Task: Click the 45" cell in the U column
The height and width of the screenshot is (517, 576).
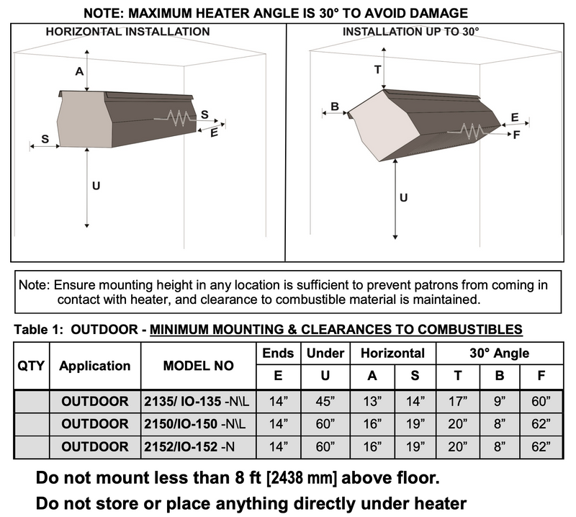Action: [325, 401]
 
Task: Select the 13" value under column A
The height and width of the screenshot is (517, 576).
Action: [371, 401]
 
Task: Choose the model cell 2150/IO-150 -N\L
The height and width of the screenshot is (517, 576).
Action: [199, 424]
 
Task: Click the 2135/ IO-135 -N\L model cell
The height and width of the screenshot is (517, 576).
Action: [199, 401]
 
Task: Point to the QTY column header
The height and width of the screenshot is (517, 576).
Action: [32, 366]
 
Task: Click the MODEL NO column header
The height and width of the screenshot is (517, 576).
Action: [199, 366]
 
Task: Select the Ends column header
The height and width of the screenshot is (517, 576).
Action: [277, 353]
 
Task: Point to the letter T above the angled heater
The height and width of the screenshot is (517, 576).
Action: [378, 69]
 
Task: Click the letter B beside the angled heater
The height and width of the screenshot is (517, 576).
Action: [335, 107]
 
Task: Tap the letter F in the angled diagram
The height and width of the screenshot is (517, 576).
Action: [516, 135]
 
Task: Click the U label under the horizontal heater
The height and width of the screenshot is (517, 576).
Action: [96, 186]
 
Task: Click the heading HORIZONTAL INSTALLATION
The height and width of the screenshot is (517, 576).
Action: [127, 32]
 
